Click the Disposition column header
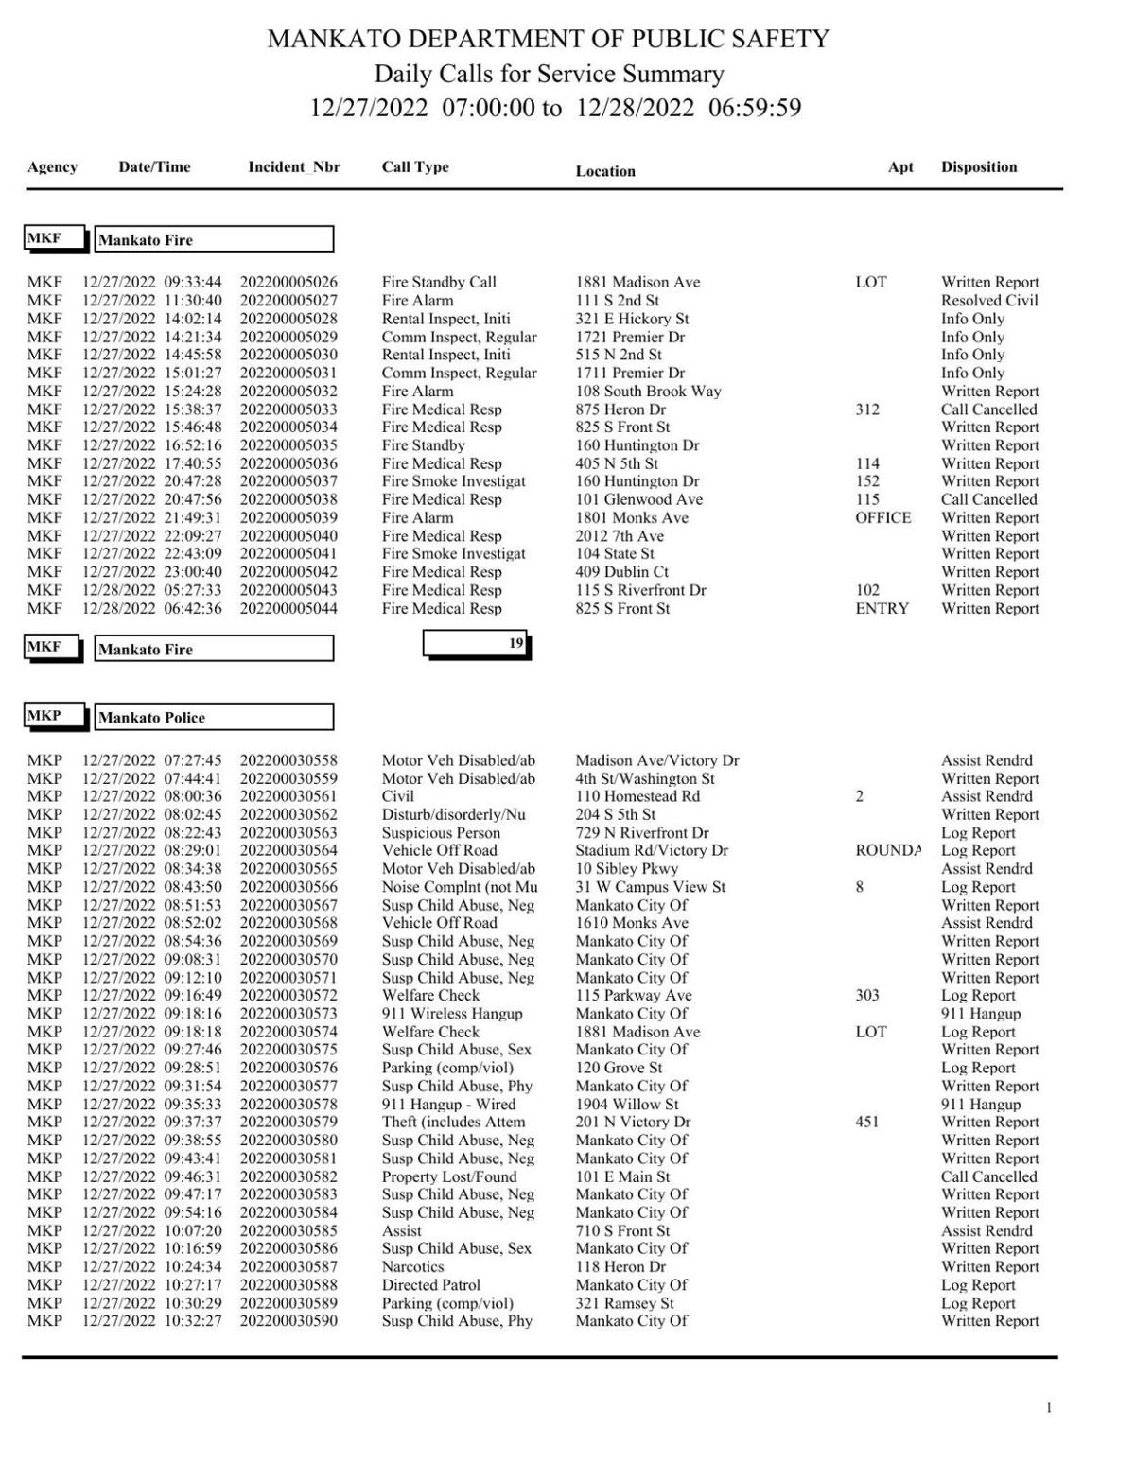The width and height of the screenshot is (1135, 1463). [x=979, y=167]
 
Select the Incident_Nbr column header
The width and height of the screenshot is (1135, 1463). [x=294, y=167]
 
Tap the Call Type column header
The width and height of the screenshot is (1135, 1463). [x=415, y=167]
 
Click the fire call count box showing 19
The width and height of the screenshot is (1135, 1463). [x=476, y=644]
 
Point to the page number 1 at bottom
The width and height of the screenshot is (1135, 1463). [x=1048, y=1409]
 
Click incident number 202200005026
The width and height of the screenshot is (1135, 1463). [x=288, y=283]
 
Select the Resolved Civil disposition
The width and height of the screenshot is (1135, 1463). [x=989, y=301]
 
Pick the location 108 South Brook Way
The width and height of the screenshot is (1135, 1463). [x=648, y=392]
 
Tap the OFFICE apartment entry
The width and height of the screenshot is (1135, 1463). [x=883, y=518]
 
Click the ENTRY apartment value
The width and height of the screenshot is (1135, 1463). [x=882, y=609]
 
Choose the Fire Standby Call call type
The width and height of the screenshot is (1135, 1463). [x=439, y=283]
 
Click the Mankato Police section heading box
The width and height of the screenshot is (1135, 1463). [x=214, y=718]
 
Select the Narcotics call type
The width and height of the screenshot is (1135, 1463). [x=412, y=1267]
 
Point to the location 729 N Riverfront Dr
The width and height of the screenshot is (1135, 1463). [x=642, y=833]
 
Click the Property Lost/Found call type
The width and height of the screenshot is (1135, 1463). [x=449, y=1177]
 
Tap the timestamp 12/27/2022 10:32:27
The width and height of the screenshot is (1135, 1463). [x=152, y=1321]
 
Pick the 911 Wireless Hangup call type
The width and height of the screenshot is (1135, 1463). [x=452, y=1014]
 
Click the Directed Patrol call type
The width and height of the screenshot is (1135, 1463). [x=430, y=1285]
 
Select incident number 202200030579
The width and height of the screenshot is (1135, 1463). [x=288, y=1123]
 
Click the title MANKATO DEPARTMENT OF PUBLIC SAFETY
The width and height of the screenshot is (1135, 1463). [x=549, y=39]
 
